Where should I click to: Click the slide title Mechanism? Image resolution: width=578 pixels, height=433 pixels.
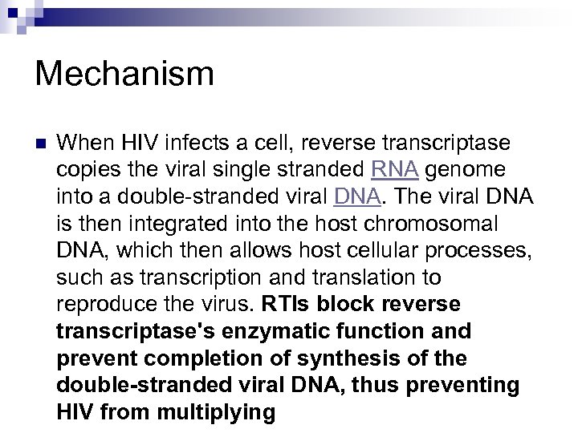[x=124, y=74]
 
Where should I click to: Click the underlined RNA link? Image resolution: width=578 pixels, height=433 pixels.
[x=395, y=170]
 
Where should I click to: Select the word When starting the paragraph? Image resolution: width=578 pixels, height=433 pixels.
[x=86, y=144]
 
